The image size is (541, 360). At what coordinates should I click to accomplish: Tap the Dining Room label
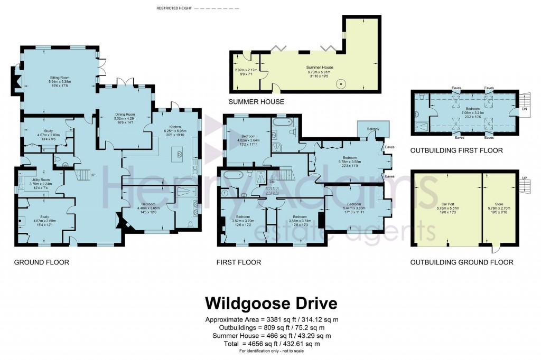125,115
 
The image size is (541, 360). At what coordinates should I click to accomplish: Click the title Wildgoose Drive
270,304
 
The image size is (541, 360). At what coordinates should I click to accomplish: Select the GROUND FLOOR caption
41,262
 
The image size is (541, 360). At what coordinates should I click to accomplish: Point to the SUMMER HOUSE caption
256,101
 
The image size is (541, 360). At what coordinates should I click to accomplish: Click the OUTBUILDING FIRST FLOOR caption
456,151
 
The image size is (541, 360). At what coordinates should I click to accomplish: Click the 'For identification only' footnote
270,351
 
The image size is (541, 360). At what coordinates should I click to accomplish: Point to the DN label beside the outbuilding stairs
524,109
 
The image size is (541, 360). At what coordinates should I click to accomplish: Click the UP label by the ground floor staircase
93,175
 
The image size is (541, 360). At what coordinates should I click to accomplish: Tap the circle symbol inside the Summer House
341,83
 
